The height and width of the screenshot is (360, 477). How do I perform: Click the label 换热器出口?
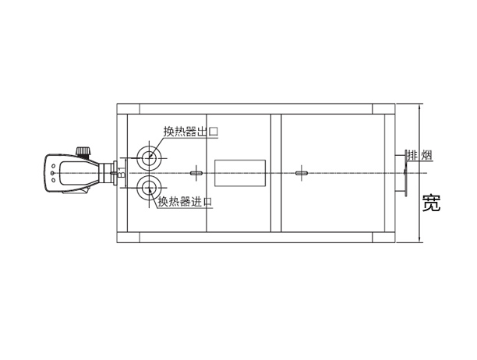coord(191,132)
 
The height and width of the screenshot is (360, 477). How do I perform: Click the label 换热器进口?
coord(185,202)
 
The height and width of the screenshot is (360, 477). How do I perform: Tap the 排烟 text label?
coord(420,155)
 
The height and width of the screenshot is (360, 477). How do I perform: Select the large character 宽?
coord(431,203)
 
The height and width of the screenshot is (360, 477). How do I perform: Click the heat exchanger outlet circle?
coord(149,158)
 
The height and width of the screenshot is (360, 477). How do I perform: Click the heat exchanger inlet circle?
coord(149,189)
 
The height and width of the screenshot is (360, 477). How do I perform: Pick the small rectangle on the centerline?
coord(240,173)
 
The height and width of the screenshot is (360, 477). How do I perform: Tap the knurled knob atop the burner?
coord(83,151)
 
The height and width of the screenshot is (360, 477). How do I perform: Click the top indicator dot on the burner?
coord(53,166)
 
